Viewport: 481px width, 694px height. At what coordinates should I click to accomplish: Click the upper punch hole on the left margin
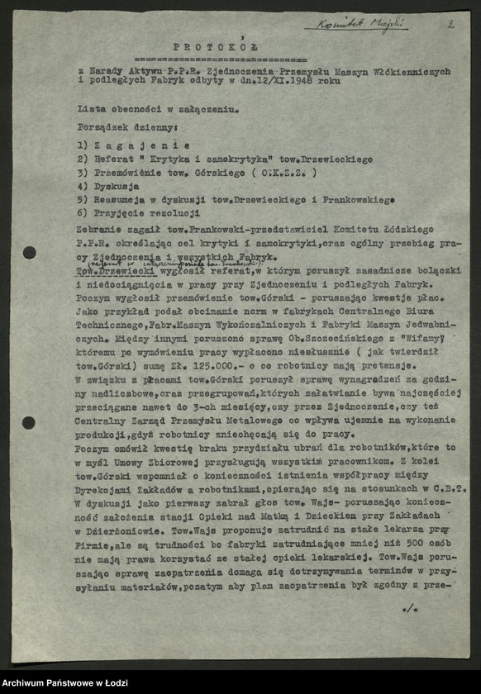tap(29, 252)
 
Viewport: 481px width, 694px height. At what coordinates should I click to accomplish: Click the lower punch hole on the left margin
tap(29, 422)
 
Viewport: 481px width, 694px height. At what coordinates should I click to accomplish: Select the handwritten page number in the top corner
tap(450, 24)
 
